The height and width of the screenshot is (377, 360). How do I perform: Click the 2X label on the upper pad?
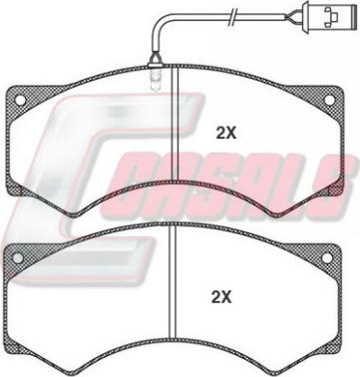pyautogui.click(x=226, y=134)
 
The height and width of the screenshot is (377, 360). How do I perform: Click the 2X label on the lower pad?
pyautogui.click(x=221, y=296)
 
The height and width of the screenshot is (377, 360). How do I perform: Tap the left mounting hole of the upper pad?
pyautogui.click(x=20, y=100)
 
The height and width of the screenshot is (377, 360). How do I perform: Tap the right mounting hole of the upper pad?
pyautogui.click(x=329, y=100)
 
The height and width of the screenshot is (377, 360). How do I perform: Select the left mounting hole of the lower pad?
pyautogui.click(x=17, y=257)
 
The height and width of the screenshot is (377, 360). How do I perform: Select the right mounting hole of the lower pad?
pyautogui.click(x=327, y=257)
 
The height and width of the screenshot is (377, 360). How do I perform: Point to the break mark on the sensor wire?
pyautogui.click(x=232, y=17)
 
